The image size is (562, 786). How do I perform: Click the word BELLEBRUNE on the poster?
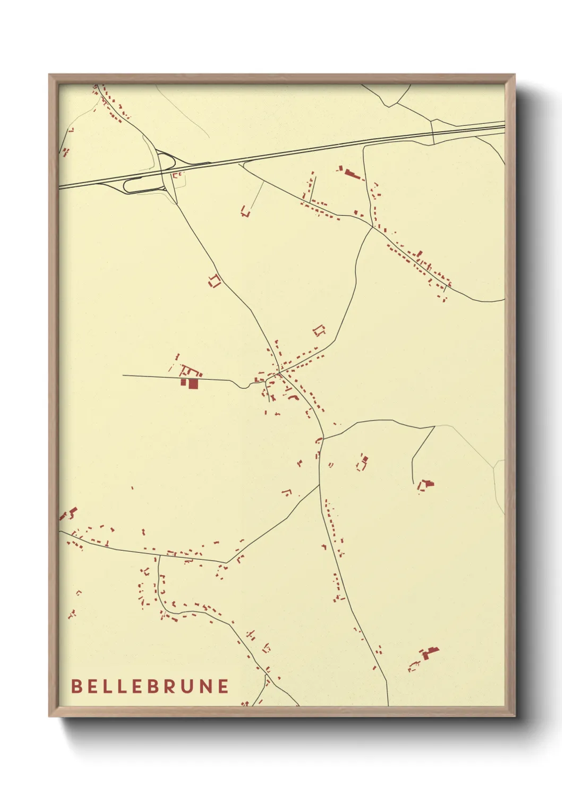(x=150, y=686)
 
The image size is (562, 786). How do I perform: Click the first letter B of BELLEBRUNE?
(x=76, y=686)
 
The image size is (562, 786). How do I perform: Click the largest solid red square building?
(x=193, y=383)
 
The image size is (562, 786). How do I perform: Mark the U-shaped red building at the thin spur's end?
(x=245, y=211)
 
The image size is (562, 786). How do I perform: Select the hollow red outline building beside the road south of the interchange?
(x=214, y=281)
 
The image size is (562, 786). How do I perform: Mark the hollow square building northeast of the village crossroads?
(x=319, y=330)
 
